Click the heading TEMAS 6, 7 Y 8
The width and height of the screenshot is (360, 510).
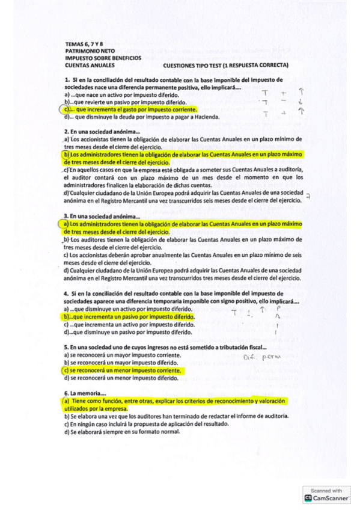coord(84,45)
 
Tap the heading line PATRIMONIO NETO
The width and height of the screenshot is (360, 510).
coord(90,51)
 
